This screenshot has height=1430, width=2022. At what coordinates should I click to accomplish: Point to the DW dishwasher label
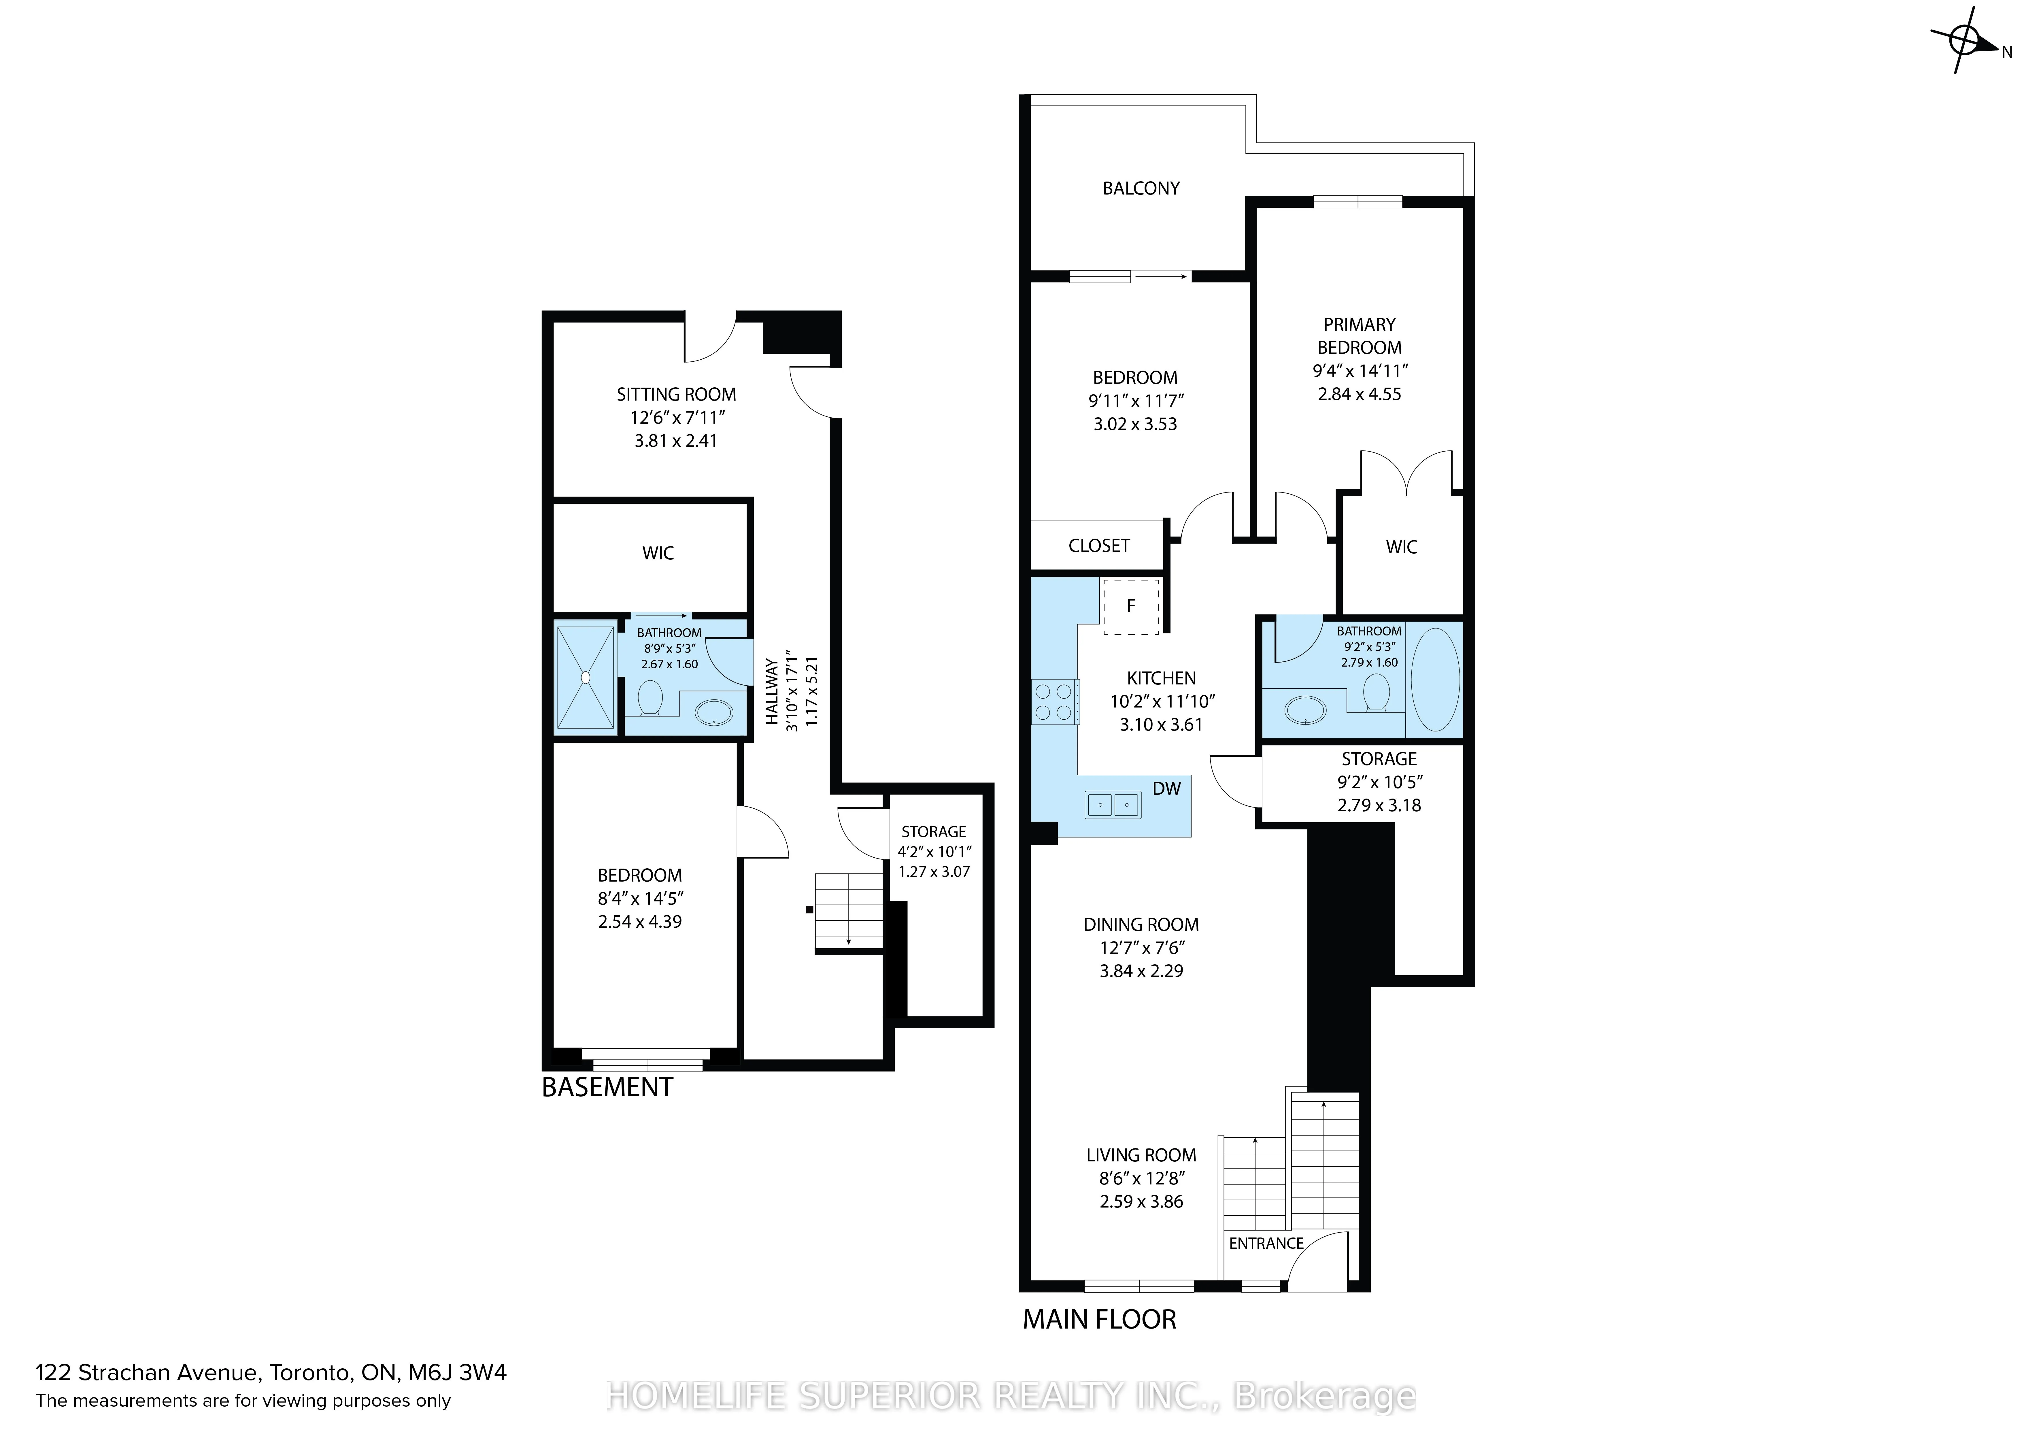[1167, 788]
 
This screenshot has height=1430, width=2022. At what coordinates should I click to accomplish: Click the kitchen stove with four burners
[1054, 702]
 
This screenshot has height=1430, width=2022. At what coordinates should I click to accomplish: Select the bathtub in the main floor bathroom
[1436, 679]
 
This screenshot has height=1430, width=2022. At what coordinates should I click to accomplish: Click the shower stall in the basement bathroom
[586, 676]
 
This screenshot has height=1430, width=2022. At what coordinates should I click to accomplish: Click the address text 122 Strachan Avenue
[146, 1372]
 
